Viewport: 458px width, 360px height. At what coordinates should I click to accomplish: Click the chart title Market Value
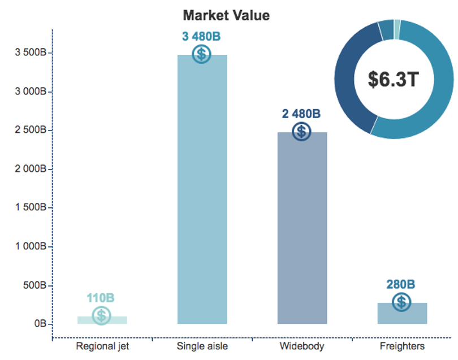coord(226,15)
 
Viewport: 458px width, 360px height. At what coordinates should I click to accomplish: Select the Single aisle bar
coord(202,189)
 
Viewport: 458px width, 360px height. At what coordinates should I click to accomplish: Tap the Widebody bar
coord(303,228)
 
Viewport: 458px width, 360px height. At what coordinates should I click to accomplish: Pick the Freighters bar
coord(402,313)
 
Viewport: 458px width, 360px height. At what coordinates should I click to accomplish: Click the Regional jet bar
coord(102,320)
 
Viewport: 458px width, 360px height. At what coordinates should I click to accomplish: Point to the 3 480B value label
coord(201,37)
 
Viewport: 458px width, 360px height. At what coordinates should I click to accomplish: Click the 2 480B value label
coord(301,114)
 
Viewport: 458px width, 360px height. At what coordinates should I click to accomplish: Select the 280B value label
coord(401,284)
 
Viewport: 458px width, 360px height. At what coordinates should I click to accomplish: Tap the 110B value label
coord(101,298)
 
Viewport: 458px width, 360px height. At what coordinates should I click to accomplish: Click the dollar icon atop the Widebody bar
coord(301,131)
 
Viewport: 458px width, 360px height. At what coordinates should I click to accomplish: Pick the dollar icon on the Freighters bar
coord(401,302)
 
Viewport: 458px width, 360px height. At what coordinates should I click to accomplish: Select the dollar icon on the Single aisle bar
coord(201,54)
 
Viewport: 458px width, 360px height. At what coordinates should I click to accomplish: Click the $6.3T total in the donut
coord(394,79)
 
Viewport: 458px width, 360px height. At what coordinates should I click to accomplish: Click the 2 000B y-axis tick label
coord(31,169)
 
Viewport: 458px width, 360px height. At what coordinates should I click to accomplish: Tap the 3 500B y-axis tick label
coord(31,52)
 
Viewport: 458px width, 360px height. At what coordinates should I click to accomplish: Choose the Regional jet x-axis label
coord(102,346)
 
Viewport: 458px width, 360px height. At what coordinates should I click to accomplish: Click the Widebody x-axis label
coord(302,346)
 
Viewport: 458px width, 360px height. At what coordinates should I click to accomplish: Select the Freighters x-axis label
coord(402,346)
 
